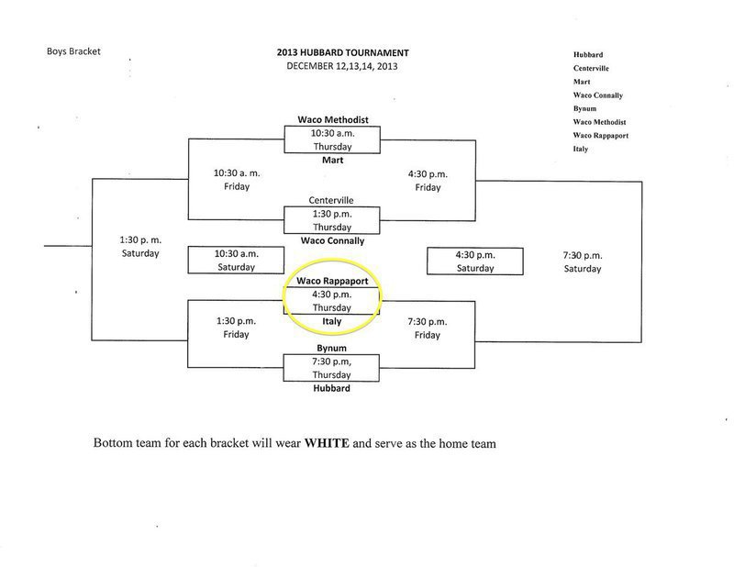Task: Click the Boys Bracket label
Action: pyautogui.click(x=74, y=51)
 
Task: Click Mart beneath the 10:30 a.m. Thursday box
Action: pyautogui.click(x=331, y=159)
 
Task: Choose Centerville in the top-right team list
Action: pyautogui.click(x=593, y=68)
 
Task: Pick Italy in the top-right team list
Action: pyautogui.click(x=582, y=150)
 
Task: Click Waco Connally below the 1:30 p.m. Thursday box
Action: pyautogui.click(x=331, y=240)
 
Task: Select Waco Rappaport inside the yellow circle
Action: pyautogui.click(x=331, y=282)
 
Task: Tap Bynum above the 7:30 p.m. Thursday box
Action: pyautogui.click(x=331, y=350)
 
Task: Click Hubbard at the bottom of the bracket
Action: pyautogui.click(x=331, y=388)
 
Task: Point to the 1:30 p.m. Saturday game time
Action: pyautogui.click(x=140, y=246)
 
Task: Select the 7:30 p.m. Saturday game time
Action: pyautogui.click(x=583, y=261)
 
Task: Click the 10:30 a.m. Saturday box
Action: pyautogui.click(x=235, y=261)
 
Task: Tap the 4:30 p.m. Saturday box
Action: pyautogui.click(x=474, y=261)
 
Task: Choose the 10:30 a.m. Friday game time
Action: pyautogui.click(x=237, y=179)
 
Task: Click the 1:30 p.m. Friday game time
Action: pyautogui.click(x=237, y=328)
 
